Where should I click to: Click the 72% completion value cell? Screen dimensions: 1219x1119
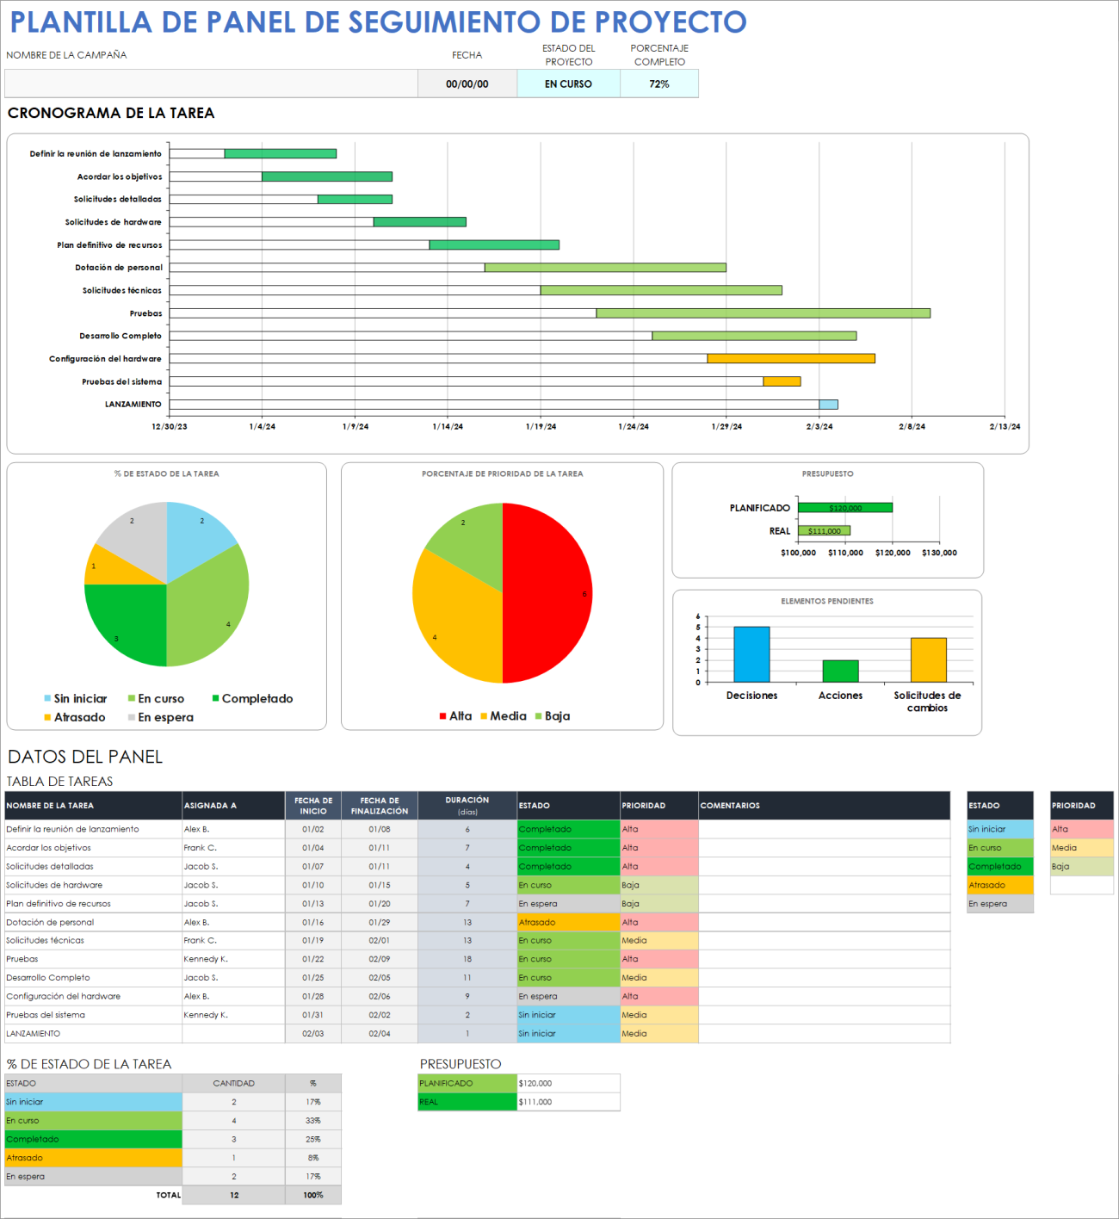(x=658, y=84)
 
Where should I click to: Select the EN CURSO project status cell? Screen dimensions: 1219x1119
(x=568, y=84)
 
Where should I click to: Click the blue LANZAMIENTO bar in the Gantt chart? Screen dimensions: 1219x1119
(x=828, y=405)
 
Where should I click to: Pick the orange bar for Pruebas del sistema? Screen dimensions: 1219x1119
(x=782, y=381)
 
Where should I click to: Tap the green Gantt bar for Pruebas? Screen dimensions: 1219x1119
(x=763, y=313)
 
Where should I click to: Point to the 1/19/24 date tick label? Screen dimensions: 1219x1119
(x=541, y=427)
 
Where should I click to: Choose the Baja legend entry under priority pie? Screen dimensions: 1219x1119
(x=556, y=716)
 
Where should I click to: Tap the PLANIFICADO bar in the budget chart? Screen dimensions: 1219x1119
(x=844, y=508)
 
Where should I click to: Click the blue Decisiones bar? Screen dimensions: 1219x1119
(x=751, y=654)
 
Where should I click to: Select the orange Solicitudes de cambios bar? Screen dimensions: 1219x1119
(x=928, y=660)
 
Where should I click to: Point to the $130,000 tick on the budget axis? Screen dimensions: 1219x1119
(x=939, y=554)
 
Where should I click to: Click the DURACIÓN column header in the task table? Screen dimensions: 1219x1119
(x=467, y=805)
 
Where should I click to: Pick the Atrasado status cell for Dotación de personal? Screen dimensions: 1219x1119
(x=567, y=922)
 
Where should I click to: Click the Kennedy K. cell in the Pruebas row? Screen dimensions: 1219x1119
(x=232, y=959)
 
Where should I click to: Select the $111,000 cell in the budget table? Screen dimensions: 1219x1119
(x=567, y=1102)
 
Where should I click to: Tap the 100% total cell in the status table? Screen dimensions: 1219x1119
(x=313, y=1195)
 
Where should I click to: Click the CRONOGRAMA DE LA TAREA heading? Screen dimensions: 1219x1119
(x=111, y=114)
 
